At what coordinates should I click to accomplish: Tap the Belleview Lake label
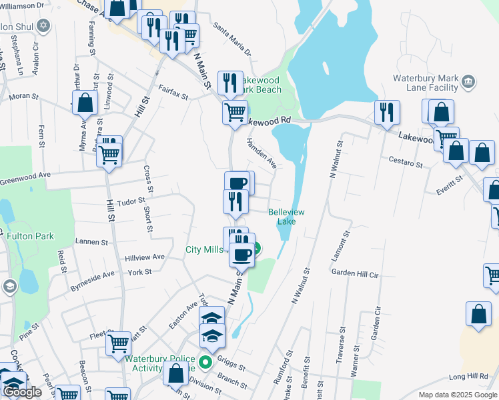pyautogui.click(x=286, y=217)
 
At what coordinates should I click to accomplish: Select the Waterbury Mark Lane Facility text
pyautogui.click(x=425, y=82)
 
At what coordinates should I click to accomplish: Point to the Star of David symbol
pyautogui.click(x=44, y=26)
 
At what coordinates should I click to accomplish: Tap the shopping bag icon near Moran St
pyautogui.click(x=85, y=104)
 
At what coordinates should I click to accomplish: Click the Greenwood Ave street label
pyautogui.click(x=25, y=178)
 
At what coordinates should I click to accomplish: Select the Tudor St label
pyautogui.click(x=131, y=201)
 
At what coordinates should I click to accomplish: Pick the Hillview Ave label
pyautogui.click(x=144, y=257)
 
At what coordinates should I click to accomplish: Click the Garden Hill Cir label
pyautogui.click(x=355, y=273)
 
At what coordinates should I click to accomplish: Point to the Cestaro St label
pyautogui.click(x=406, y=163)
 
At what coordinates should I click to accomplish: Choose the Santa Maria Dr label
pyautogui.click(x=232, y=41)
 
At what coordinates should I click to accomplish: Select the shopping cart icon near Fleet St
pyautogui.click(x=118, y=343)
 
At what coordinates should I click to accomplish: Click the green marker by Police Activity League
pyautogui.click(x=206, y=363)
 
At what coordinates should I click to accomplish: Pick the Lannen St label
pyautogui.click(x=92, y=242)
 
